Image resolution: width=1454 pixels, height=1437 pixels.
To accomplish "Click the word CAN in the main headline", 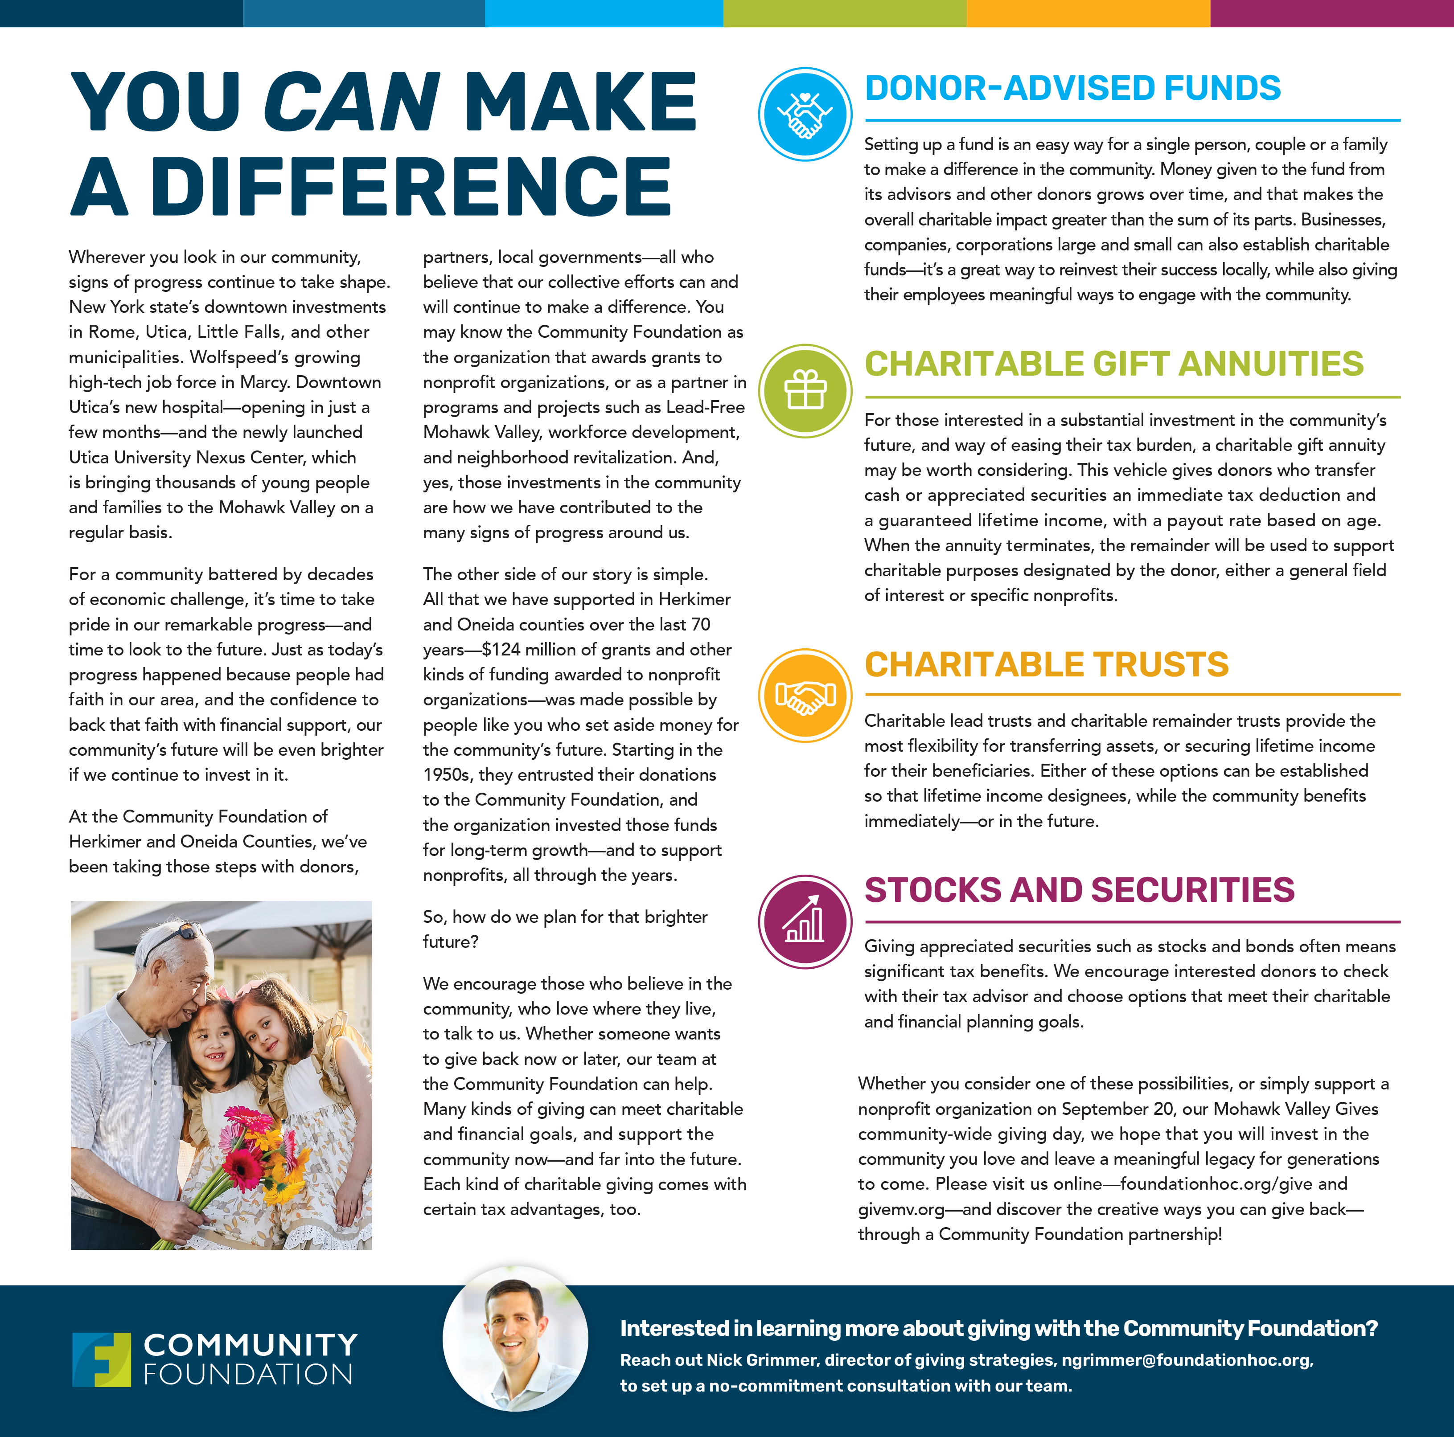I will (351, 102).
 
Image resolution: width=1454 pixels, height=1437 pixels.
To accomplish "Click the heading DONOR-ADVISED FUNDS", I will (1072, 88).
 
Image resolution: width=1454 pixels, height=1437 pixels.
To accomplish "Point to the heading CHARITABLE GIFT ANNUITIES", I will (1114, 364).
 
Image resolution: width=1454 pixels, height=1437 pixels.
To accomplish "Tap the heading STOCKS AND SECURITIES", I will (1079, 890).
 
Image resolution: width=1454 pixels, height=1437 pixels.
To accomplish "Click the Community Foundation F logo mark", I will (102, 1359).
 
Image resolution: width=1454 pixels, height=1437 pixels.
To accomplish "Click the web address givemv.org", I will (901, 1209).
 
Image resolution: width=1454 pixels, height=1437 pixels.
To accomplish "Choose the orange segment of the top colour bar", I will (1088, 13).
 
